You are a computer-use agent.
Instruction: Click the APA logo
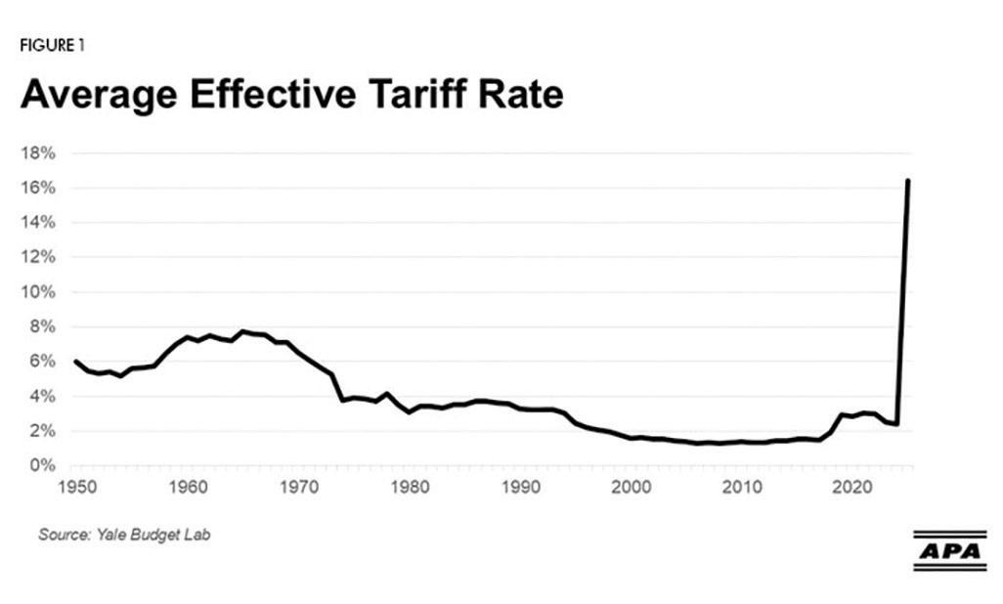948,550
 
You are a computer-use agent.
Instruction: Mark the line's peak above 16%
908,181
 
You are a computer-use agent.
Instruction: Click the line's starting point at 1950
75,362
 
